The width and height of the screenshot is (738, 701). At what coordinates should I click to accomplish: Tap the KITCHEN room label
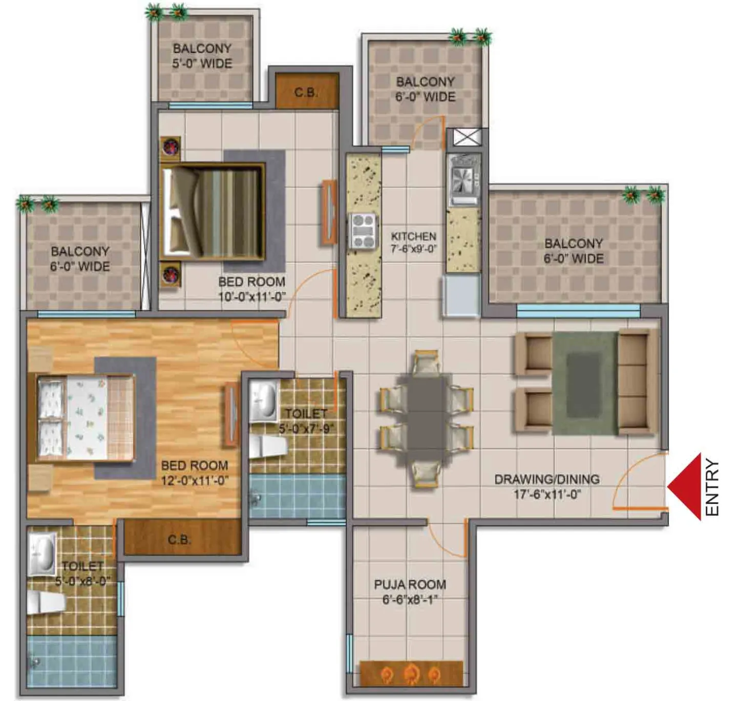pos(413,237)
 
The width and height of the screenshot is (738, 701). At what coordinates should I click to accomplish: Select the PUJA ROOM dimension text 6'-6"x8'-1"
pos(410,600)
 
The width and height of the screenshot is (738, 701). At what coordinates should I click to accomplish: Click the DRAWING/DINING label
pos(546,479)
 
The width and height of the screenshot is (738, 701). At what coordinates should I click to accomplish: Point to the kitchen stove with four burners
pos(363,231)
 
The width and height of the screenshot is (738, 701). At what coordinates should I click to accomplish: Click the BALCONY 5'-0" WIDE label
pos(202,56)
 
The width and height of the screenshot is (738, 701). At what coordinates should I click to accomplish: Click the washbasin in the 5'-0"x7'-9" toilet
pos(264,401)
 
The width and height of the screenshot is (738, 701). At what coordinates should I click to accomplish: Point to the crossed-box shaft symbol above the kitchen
pos(467,137)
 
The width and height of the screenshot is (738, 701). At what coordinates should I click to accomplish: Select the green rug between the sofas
pos(585,382)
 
